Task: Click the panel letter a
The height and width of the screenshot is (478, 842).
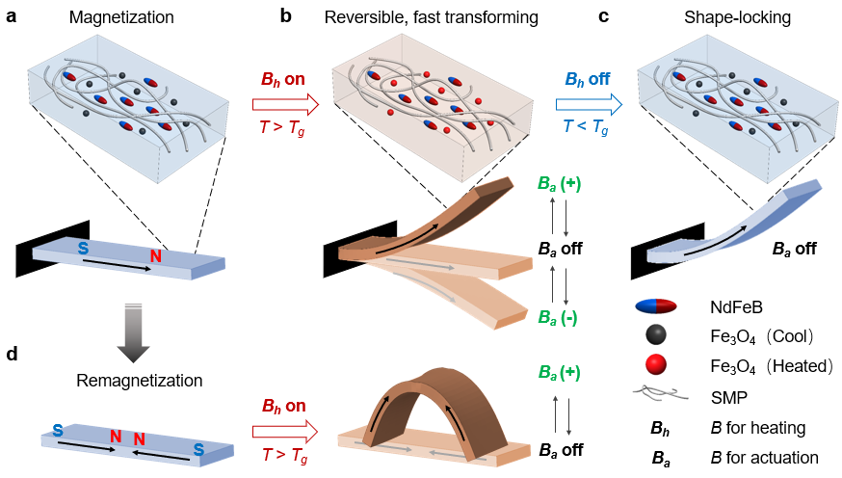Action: click(x=11, y=16)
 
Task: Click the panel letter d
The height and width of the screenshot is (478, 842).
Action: click(x=12, y=354)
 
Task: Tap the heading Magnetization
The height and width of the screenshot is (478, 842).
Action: click(x=121, y=17)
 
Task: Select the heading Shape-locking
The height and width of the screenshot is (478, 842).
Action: click(x=737, y=17)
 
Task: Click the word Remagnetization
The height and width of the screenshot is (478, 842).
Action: click(x=139, y=381)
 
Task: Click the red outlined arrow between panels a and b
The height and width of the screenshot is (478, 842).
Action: click(x=286, y=104)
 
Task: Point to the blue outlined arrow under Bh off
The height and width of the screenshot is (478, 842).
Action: click(x=589, y=104)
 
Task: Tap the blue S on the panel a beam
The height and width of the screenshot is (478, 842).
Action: click(x=83, y=248)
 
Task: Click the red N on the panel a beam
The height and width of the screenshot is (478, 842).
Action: click(x=156, y=255)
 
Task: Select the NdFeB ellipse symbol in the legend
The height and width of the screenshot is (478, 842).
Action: click(x=656, y=306)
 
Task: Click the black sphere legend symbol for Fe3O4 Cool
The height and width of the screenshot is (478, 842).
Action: click(x=656, y=335)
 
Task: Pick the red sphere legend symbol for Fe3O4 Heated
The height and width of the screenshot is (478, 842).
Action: click(x=656, y=365)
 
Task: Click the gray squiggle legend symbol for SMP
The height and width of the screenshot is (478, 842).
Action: click(x=661, y=394)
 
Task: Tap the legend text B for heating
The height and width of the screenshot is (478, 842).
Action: click(x=757, y=428)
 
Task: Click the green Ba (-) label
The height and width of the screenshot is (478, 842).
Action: click(x=558, y=318)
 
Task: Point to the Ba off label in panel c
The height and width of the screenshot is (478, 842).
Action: click(x=794, y=250)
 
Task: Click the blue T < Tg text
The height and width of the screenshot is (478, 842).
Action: click(x=586, y=127)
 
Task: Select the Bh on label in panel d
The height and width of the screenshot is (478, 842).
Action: click(x=283, y=406)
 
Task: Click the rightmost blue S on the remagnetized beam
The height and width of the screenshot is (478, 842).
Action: click(x=198, y=449)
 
